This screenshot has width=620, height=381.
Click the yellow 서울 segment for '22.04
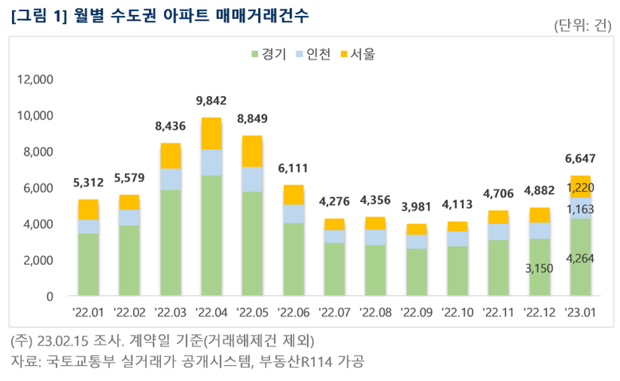click(211, 133)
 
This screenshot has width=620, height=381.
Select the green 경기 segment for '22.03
click(171, 243)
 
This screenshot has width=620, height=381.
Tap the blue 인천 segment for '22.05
click(252, 179)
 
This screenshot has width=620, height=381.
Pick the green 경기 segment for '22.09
click(416, 272)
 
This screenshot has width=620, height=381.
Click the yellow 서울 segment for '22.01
click(88, 209)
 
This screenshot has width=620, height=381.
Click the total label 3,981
click(416, 207)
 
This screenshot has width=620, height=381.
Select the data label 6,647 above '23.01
click(579, 158)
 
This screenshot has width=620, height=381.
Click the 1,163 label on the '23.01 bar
click(579, 209)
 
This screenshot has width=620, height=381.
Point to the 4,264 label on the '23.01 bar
click(579, 258)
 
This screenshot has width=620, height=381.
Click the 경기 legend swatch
click(254, 55)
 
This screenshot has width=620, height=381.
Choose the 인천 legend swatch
click(300, 55)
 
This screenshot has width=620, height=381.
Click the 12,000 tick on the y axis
click(36, 80)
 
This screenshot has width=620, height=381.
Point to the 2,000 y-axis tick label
click(39, 260)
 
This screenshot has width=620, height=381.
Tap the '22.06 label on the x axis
click(293, 313)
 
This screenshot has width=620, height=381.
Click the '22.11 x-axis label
click(498, 313)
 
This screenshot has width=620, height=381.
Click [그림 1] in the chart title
click(37, 16)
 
